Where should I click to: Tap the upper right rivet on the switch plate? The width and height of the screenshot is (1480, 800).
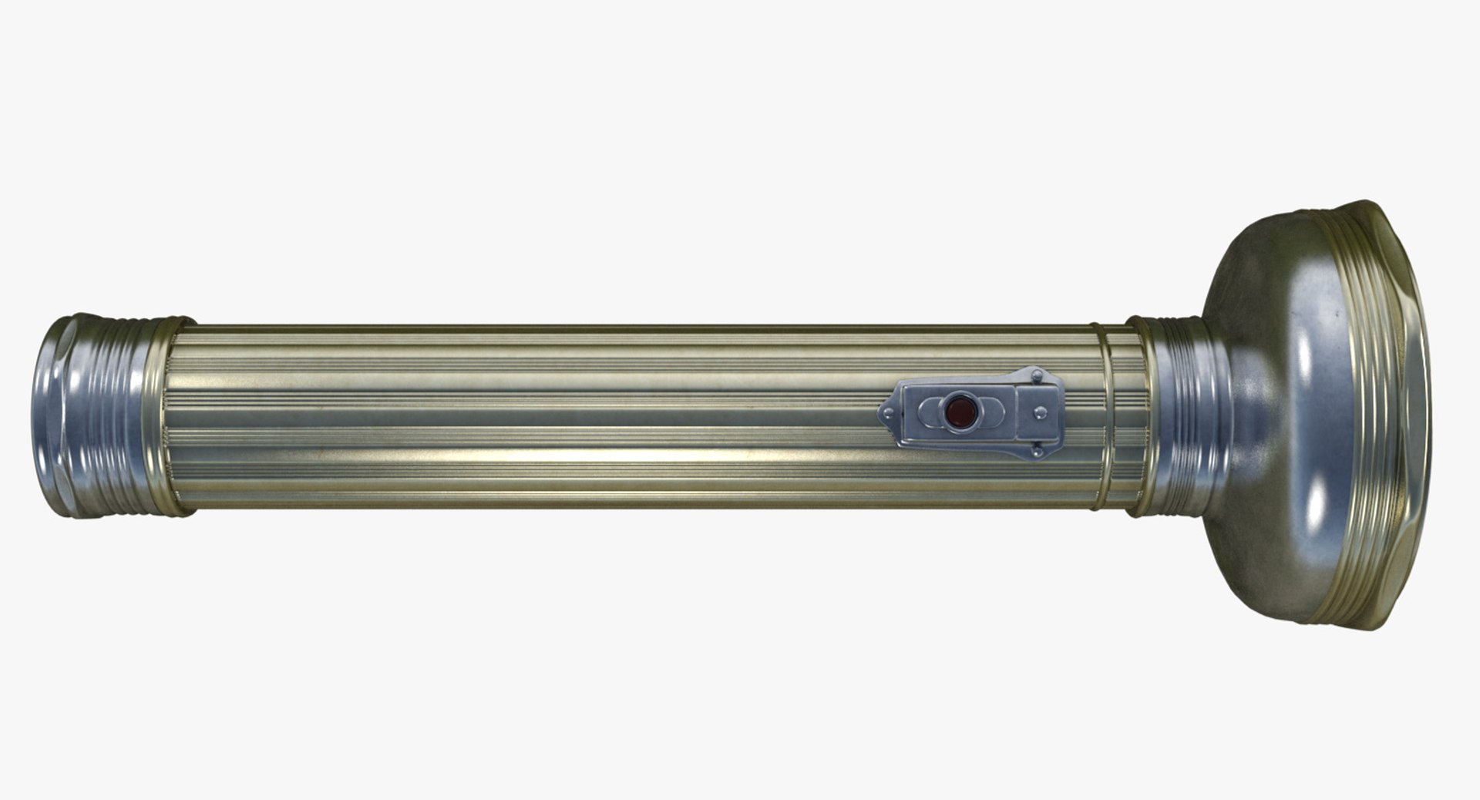[x=1037, y=376]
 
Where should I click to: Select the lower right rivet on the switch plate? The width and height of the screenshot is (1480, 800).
[x=1037, y=451]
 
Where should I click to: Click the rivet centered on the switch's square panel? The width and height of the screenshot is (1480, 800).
[x=1040, y=412]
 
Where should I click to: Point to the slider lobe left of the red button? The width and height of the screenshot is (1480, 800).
[x=930, y=412]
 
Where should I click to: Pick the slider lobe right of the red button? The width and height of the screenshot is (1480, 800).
[x=994, y=412]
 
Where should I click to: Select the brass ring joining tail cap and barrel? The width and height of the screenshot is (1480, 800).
[x=166, y=416]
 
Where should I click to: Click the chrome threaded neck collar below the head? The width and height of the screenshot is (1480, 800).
[x=1187, y=416]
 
